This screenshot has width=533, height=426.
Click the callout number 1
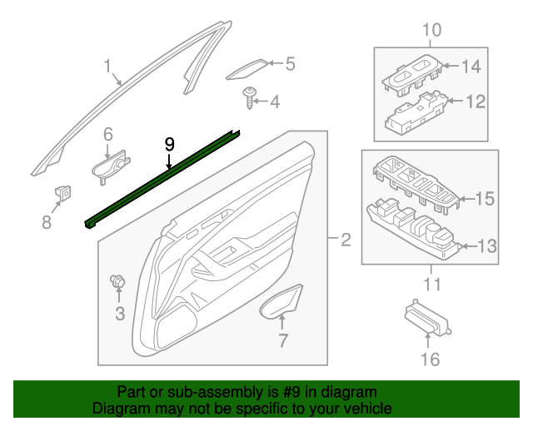(107, 66)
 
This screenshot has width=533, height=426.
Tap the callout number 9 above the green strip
(169, 144)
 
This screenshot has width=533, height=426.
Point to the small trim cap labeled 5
(247, 69)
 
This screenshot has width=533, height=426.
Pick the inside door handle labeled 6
(112, 164)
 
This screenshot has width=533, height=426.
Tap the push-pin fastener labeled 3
(117, 283)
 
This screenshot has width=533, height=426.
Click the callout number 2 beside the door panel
(346, 242)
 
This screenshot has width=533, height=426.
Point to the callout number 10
(431, 32)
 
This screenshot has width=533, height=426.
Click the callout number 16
(429, 359)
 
